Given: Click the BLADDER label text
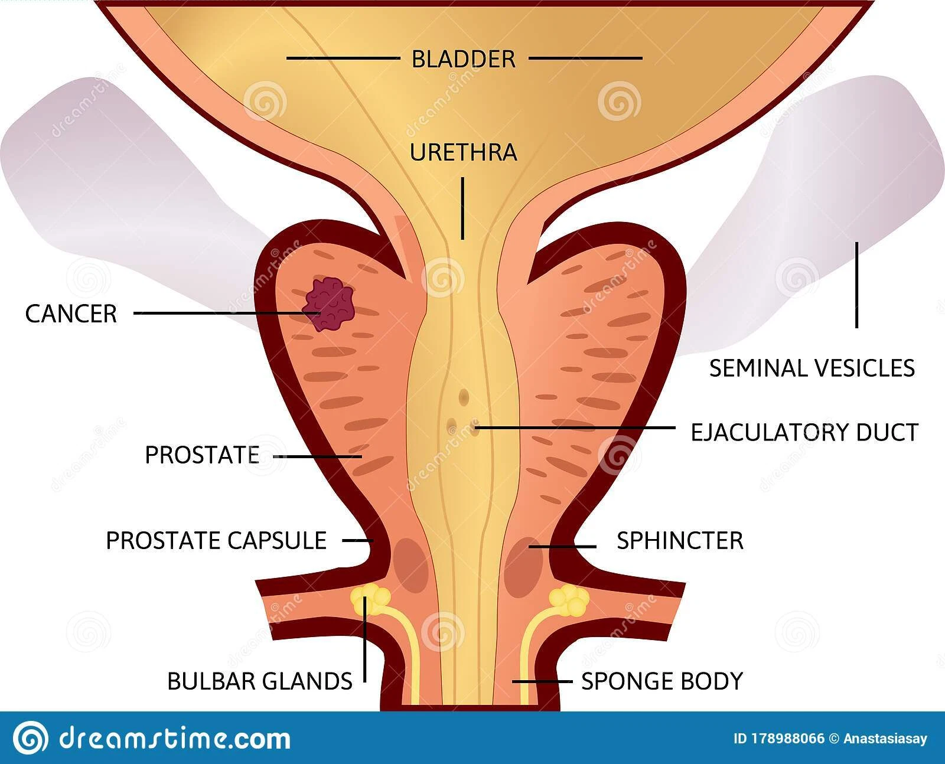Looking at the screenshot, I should (463, 59).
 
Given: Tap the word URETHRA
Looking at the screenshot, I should (463, 152).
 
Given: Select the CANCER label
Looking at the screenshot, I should (71, 314).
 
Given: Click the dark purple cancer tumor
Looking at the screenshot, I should (328, 305).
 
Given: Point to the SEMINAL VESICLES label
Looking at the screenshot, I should (812, 368).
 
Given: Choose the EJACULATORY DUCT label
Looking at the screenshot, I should (804, 433).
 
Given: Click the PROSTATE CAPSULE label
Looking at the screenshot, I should (216, 541).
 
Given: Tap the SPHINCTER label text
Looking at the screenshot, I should (680, 541).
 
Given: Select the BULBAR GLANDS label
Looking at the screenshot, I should (260, 681).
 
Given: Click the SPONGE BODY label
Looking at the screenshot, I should (661, 681).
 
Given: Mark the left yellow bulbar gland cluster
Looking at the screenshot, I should (367, 597).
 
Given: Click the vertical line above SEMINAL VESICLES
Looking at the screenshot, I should (856, 285).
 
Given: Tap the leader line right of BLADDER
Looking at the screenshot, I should (585, 58).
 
